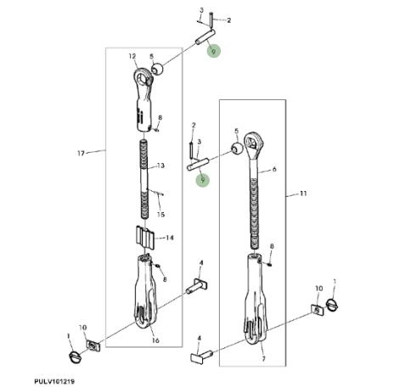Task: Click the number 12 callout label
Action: tap(132, 56)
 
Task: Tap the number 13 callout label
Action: tap(160, 165)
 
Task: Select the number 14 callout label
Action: tap(170, 238)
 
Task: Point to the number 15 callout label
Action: tap(160, 215)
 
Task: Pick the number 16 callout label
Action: tap(155, 340)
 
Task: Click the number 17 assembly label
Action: tap(81, 154)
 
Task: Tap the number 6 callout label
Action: tap(274, 169)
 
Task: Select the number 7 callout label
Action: tap(263, 359)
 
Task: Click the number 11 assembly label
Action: tap(303, 193)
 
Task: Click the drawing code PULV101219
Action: tap(54, 382)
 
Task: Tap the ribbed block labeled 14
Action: tap(145, 237)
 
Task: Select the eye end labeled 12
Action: tap(143, 99)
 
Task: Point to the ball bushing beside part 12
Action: tap(158, 70)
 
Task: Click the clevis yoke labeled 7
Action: tap(256, 299)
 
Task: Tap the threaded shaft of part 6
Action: tap(255, 205)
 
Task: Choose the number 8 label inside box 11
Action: tap(272, 246)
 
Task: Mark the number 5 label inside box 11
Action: tap(237, 131)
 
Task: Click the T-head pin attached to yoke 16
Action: tap(197, 286)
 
